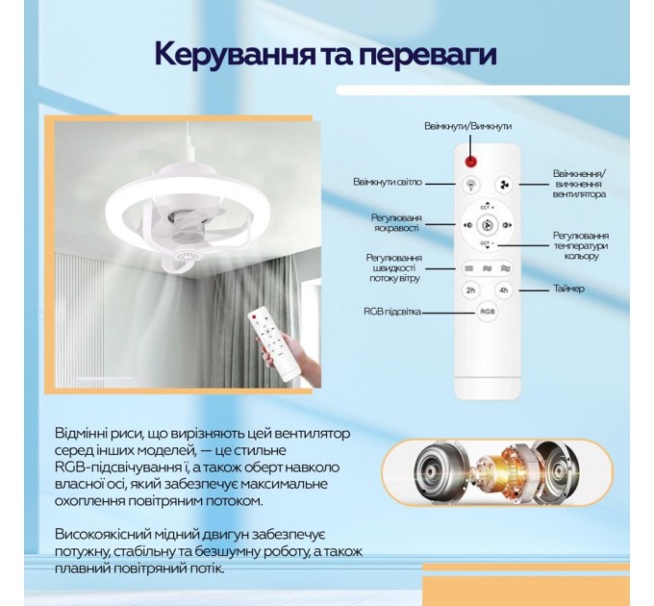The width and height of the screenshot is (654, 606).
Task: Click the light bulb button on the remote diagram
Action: (471, 184)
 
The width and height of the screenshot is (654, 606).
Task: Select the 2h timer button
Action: (470, 290)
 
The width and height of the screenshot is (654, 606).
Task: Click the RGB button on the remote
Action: (488, 312)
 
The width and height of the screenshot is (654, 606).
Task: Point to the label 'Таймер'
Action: (569, 289)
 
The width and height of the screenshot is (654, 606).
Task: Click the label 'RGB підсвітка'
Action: (390, 312)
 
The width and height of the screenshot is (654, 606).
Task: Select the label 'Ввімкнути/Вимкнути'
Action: (467, 126)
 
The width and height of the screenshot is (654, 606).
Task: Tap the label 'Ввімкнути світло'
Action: (388, 180)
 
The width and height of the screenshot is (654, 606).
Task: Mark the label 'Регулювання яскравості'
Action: (396, 223)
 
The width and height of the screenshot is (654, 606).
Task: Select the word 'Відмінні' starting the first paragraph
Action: (85, 436)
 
